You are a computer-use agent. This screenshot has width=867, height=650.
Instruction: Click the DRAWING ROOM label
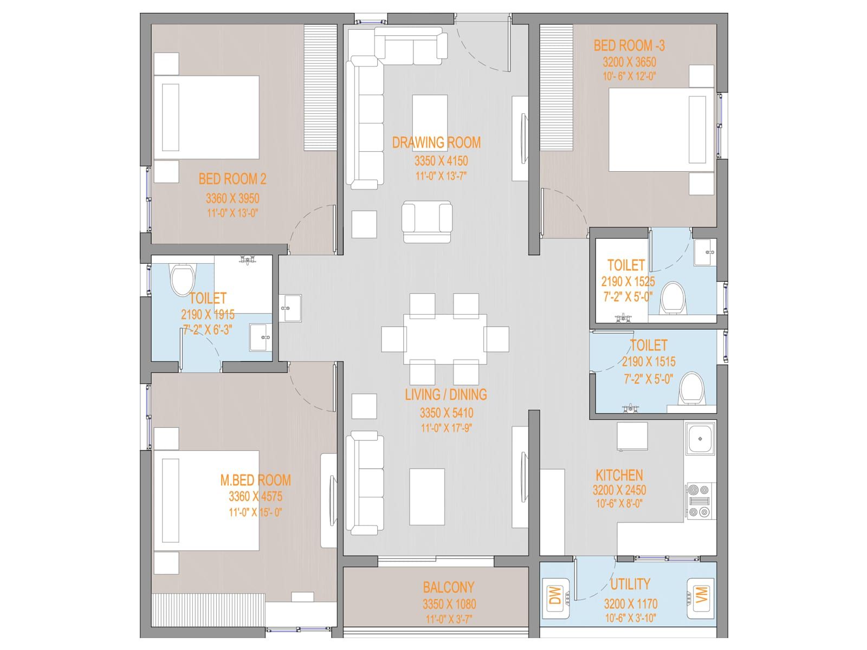pos(436,142)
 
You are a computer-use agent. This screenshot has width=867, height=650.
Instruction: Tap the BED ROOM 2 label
pos(232,179)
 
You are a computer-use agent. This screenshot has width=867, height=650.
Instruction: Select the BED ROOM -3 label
pos(629,46)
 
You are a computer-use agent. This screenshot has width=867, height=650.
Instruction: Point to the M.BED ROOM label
pos(256,480)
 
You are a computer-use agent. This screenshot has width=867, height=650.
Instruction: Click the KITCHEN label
pos(619,475)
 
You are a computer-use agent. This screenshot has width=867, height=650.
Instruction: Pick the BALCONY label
pos(448,587)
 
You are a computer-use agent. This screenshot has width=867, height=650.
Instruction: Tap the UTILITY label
pos(630,584)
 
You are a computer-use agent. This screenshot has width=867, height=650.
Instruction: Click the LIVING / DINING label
pos(446,394)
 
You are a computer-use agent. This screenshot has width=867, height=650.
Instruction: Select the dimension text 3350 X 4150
pos(441,161)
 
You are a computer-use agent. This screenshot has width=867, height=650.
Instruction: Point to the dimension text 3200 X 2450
pos(619,490)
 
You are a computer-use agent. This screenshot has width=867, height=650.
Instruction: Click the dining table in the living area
pos(445,339)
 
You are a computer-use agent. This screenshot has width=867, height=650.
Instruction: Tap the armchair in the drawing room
pos(427,222)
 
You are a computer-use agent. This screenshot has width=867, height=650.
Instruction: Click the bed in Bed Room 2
pos(206,118)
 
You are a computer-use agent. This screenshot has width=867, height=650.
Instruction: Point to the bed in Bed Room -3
pos(661,129)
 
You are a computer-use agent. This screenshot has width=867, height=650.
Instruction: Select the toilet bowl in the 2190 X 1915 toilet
pos(183,279)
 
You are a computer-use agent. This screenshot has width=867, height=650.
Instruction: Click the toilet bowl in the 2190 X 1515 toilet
pos(691,388)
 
